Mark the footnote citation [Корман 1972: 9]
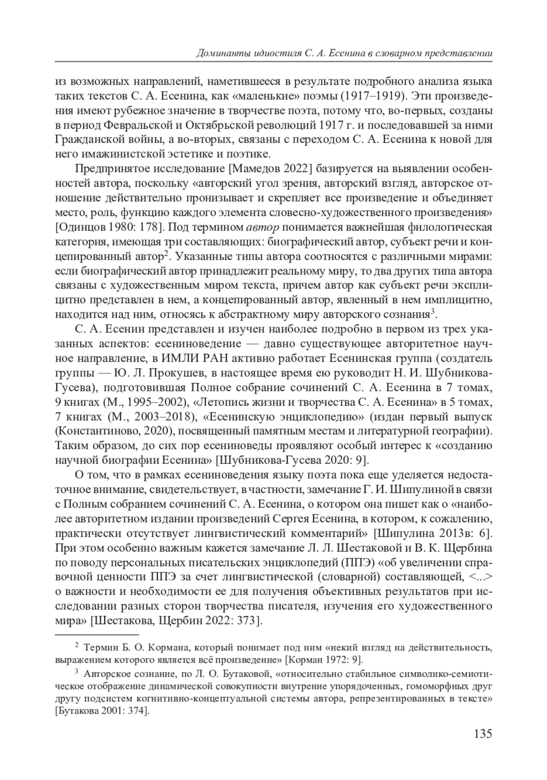324,660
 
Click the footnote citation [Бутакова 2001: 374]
102,711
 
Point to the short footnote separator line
96,634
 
